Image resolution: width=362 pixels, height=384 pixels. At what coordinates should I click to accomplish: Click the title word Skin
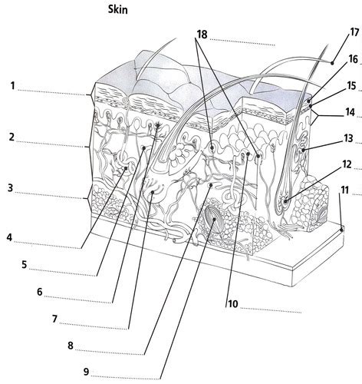click(117, 10)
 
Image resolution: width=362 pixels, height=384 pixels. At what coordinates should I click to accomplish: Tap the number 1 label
click(13, 86)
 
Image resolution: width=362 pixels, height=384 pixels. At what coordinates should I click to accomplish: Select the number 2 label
click(12, 137)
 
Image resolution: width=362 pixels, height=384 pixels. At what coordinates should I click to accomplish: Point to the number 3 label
click(10, 188)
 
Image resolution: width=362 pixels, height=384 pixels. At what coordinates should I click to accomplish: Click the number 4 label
click(9, 237)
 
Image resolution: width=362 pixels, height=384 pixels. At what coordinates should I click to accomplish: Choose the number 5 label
click(25, 264)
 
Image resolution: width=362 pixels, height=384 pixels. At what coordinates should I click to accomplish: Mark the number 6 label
click(40, 292)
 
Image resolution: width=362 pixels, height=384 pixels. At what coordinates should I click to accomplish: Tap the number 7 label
click(54, 319)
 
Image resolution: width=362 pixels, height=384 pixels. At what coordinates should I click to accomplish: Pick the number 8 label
click(71, 346)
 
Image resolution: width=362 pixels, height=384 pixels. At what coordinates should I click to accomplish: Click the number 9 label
click(86, 372)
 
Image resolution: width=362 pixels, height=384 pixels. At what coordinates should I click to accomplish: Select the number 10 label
click(233, 304)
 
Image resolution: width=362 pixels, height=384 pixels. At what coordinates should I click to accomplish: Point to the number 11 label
click(345, 190)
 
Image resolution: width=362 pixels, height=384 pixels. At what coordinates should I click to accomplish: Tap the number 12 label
click(347, 164)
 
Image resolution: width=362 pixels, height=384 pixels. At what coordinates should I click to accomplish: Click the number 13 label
click(348, 138)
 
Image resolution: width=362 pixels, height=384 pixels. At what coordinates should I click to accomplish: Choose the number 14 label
click(350, 112)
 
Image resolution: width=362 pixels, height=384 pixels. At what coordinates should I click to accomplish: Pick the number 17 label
click(355, 32)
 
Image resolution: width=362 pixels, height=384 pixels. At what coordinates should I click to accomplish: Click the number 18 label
click(202, 35)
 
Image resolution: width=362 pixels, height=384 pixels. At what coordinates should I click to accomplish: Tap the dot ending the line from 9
click(214, 220)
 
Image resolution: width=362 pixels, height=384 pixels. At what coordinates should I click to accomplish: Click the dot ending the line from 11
click(341, 230)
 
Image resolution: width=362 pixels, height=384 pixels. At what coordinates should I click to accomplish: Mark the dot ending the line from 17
click(332, 63)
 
